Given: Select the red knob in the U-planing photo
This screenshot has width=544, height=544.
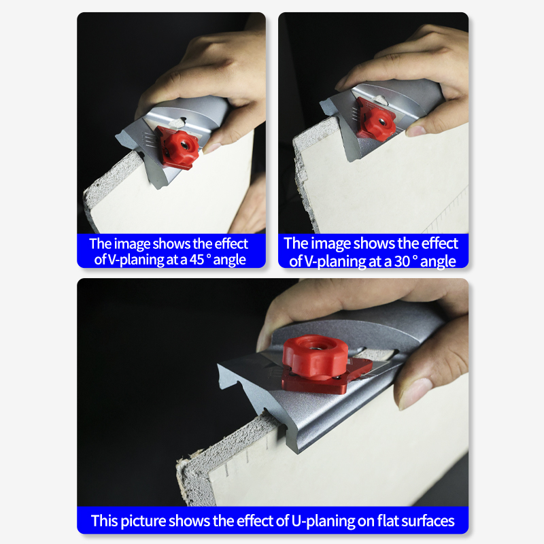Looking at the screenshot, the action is tap(315, 357).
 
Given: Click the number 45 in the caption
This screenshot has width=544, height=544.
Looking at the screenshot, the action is tap(197, 260).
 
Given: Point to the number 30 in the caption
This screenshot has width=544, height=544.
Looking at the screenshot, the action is tap(402, 261).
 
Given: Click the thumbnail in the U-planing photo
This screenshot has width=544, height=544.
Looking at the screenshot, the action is tap(414, 394).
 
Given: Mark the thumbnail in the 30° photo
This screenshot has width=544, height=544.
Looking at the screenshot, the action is tap(417, 131).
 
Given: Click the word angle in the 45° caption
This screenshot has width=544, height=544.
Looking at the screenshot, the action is tap(229, 260).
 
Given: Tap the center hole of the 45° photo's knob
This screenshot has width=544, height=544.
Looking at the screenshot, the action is tap(185, 146).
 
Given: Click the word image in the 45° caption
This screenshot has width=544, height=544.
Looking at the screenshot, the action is tap(132, 245).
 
